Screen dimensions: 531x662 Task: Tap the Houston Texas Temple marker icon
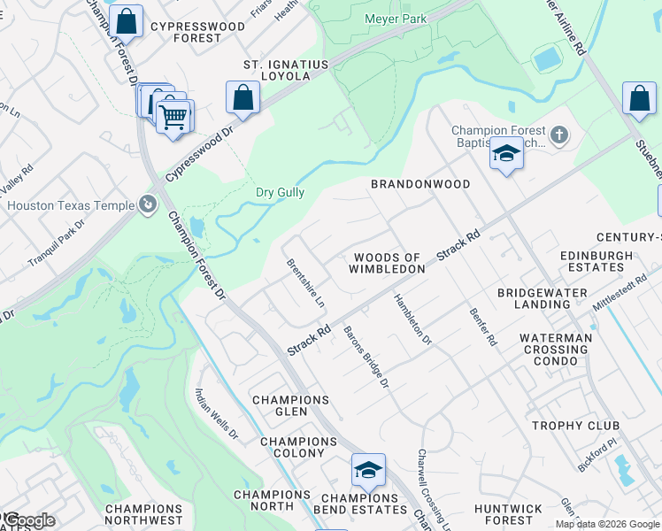(x=147, y=206)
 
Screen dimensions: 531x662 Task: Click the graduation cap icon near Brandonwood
(x=506, y=155)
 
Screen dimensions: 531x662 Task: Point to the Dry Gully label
(x=280, y=192)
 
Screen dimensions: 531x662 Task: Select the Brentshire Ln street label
(x=305, y=283)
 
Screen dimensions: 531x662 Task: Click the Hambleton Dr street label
(x=412, y=319)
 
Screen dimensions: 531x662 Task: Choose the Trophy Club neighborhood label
(x=575, y=426)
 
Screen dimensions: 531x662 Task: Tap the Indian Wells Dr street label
(x=216, y=414)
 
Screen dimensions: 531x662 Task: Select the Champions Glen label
(x=291, y=400)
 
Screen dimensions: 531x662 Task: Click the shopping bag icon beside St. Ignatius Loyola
(x=242, y=98)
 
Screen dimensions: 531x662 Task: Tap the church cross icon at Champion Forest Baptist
(x=558, y=135)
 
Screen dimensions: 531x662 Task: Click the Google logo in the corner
(x=28, y=520)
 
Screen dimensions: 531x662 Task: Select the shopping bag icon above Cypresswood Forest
(x=127, y=21)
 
